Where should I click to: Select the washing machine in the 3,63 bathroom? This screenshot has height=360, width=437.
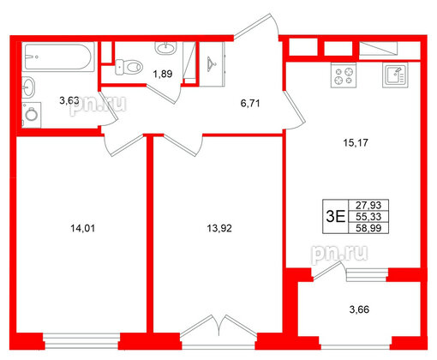tap(32, 113)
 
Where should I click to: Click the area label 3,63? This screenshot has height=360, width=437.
tap(69, 101)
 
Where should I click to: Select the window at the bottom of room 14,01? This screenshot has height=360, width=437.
tap(81, 334)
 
